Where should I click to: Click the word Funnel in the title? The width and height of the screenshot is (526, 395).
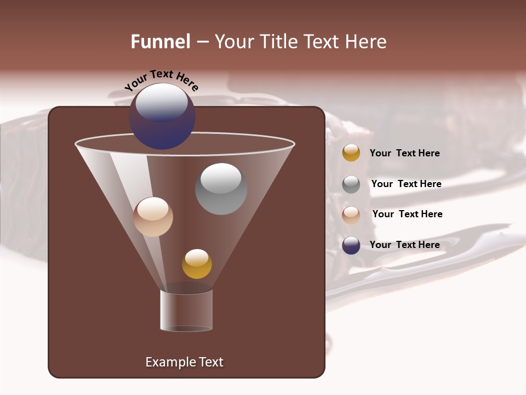click(160, 42)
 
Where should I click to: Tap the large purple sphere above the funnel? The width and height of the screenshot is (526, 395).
click(162, 116)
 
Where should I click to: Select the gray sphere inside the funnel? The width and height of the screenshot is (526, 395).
click(221, 189)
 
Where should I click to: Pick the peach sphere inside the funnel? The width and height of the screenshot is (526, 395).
click(153, 217)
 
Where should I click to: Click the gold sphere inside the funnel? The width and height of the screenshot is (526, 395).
click(197, 264)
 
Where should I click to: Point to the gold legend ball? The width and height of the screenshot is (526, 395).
click(351, 153)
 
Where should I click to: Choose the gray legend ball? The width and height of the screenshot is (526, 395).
click(351, 184)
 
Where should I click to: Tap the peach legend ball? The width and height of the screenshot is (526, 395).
click(351, 215)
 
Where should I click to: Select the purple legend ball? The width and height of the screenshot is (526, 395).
click(351, 245)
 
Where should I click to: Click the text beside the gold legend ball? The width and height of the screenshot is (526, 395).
click(404, 153)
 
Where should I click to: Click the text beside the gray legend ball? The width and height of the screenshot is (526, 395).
click(406, 184)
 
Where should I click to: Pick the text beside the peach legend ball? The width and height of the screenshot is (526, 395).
click(407, 214)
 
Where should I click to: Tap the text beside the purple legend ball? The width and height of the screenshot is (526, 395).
click(404, 245)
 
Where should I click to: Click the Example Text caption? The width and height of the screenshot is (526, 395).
click(184, 362)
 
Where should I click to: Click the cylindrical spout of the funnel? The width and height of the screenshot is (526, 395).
click(186, 310)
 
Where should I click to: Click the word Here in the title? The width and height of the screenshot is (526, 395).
click(365, 42)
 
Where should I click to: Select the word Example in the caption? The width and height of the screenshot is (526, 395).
click(167, 362)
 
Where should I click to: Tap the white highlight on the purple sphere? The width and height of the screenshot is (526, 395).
click(161, 102)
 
